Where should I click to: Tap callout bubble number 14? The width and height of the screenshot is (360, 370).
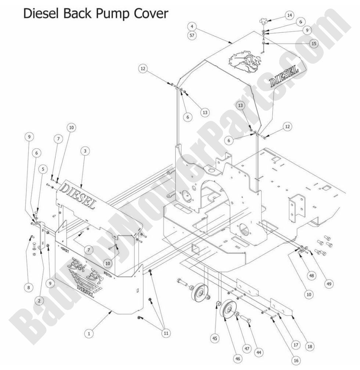[x=290, y=15]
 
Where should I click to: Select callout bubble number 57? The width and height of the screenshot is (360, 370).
[x=192, y=36]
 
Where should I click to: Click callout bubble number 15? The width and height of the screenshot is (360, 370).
[x=313, y=43]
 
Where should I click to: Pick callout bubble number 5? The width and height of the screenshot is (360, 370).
[x=43, y=169]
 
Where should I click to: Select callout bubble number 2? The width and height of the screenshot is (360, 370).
[x=38, y=300]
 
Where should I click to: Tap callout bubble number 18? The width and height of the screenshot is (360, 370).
[x=310, y=346]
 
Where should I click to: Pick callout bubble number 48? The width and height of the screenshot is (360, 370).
[x=311, y=275]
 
